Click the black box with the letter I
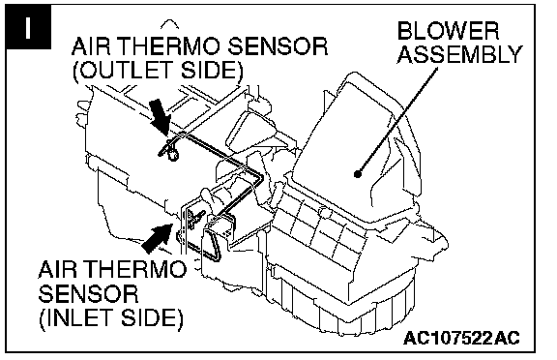(28, 26)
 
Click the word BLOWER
(449, 31)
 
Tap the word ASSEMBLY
(460, 54)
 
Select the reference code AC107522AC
(462, 337)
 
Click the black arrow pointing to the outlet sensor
(160, 116)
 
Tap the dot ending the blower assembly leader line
(358, 174)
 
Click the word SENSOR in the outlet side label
(278, 46)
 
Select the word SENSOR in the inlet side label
(88, 293)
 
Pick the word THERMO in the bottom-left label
(133, 269)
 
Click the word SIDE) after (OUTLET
(212, 70)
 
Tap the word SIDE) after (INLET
(152, 317)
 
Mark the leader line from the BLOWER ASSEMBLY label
(397, 121)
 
